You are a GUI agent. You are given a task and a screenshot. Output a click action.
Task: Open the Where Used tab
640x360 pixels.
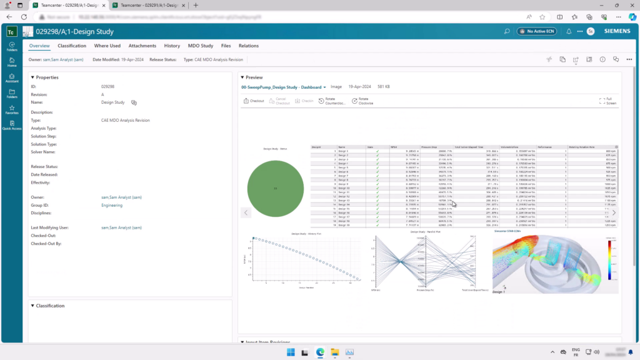(x=107, y=46)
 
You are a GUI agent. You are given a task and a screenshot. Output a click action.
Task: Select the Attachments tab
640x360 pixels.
(x=142, y=46)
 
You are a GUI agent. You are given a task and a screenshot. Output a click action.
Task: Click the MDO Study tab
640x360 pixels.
(x=201, y=46)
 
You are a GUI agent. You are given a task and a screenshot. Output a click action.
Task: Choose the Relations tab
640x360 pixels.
(x=248, y=46)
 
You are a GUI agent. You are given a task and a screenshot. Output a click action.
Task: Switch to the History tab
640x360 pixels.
(x=172, y=46)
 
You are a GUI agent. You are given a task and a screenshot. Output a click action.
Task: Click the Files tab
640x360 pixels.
(x=226, y=46)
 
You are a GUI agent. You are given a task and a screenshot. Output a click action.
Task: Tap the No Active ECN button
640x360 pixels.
(x=536, y=31)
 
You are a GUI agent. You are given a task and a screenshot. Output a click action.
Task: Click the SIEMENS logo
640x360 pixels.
(x=617, y=31)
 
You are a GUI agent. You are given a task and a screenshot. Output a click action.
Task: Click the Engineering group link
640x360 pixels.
(x=112, y=205)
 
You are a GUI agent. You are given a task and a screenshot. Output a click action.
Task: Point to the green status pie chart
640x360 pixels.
(x=275, y=187)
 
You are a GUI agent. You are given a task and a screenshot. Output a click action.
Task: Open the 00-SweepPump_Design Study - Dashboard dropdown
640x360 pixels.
(x=284, y=87)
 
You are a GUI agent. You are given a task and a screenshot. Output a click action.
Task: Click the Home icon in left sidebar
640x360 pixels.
(x=12, y=61)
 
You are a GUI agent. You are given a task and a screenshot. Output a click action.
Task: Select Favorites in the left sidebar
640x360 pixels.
(x=12, y=109)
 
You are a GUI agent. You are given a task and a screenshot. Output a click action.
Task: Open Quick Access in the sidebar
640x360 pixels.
(x=12, y=125)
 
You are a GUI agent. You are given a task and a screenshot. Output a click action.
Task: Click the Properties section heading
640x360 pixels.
(x=47, y=77)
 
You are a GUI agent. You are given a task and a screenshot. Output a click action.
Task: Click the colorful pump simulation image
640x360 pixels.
(x=555, y=264)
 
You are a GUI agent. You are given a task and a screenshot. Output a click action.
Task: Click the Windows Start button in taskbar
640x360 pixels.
(x=290, y=352)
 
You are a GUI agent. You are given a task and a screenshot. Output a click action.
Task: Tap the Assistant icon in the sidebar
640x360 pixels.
(x=12, y=77)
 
